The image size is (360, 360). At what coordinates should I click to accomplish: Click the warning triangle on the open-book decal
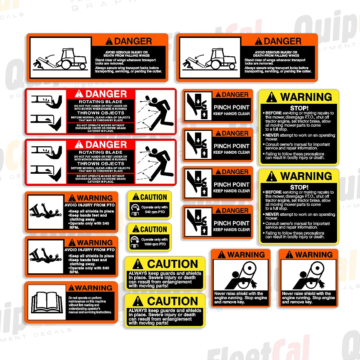(71, 287)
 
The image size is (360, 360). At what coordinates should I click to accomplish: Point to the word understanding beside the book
(77, 308)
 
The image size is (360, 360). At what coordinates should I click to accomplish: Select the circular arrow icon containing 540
(135, 207)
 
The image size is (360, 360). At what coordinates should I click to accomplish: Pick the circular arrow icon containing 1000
(135, 240)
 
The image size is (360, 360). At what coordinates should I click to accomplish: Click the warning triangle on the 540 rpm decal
(136, 197)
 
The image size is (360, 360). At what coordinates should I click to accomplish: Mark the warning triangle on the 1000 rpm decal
(136, 229)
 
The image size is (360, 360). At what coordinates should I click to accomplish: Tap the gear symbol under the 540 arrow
(135, 214)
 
